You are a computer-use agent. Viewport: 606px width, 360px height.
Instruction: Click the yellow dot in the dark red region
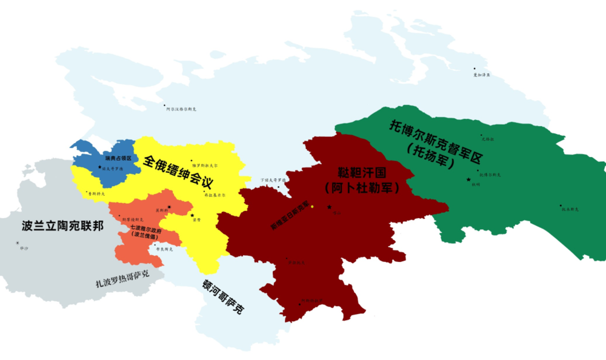311,207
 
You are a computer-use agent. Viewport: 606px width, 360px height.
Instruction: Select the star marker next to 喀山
329,207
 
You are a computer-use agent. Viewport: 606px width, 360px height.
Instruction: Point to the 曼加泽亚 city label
481,75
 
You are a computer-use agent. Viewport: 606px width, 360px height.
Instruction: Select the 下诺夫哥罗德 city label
272,180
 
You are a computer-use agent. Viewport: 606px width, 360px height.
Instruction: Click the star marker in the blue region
100,167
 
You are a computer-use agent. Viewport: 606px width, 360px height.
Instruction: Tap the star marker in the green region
468,179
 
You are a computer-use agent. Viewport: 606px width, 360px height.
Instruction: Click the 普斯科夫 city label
97,194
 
